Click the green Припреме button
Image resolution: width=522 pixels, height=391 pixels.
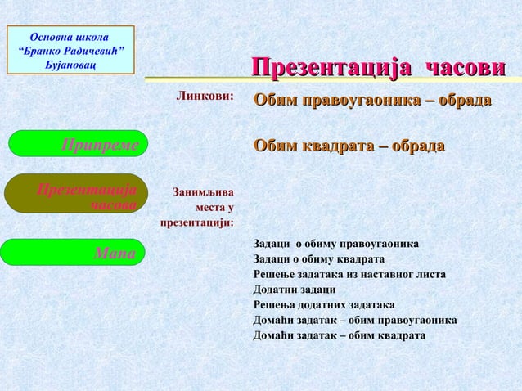click(x=78, y=144)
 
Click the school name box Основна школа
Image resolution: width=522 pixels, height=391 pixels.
click(x=70, y=50)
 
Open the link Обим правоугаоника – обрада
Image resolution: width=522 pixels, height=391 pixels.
click(x=372, y=101)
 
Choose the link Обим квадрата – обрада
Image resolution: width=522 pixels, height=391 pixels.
click(x=349, y=146)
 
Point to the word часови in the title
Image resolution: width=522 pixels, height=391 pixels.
click(x=466, y=69)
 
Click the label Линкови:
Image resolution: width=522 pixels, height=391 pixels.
click(x=205, y=96)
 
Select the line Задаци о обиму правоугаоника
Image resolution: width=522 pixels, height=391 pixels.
click(x=336, y=244)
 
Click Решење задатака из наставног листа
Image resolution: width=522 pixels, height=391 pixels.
click(x=349, y=274)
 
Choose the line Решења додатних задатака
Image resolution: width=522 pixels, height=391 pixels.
click(x=324, y=304)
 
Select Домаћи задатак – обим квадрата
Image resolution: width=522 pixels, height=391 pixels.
click(x=339, y=335)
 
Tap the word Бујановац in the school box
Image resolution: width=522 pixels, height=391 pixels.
click(x=71, y=64)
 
